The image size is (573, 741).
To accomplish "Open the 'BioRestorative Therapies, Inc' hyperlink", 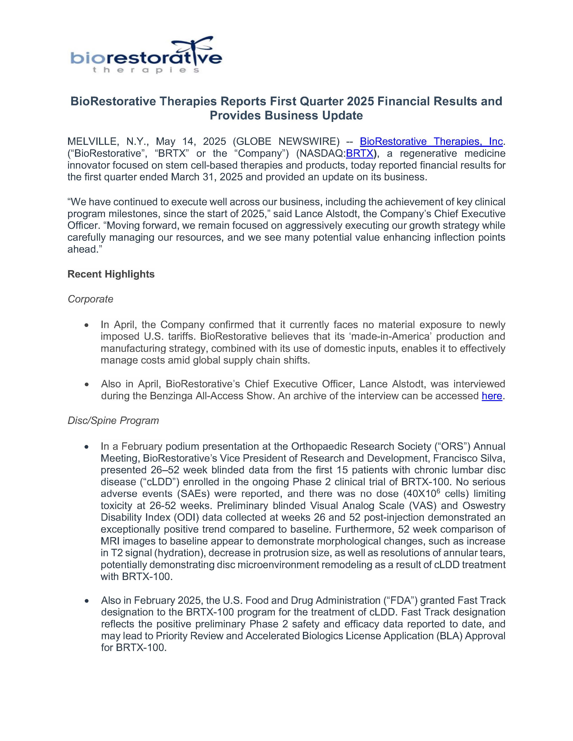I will point(431,141).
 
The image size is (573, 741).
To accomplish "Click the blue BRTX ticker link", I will point(360,153).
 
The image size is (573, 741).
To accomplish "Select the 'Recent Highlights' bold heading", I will point(111,274).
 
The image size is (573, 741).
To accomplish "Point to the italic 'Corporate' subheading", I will point(90,299).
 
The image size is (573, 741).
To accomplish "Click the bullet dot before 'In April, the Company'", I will point(87,325).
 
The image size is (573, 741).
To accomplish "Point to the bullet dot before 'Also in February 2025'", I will point(87,601).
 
